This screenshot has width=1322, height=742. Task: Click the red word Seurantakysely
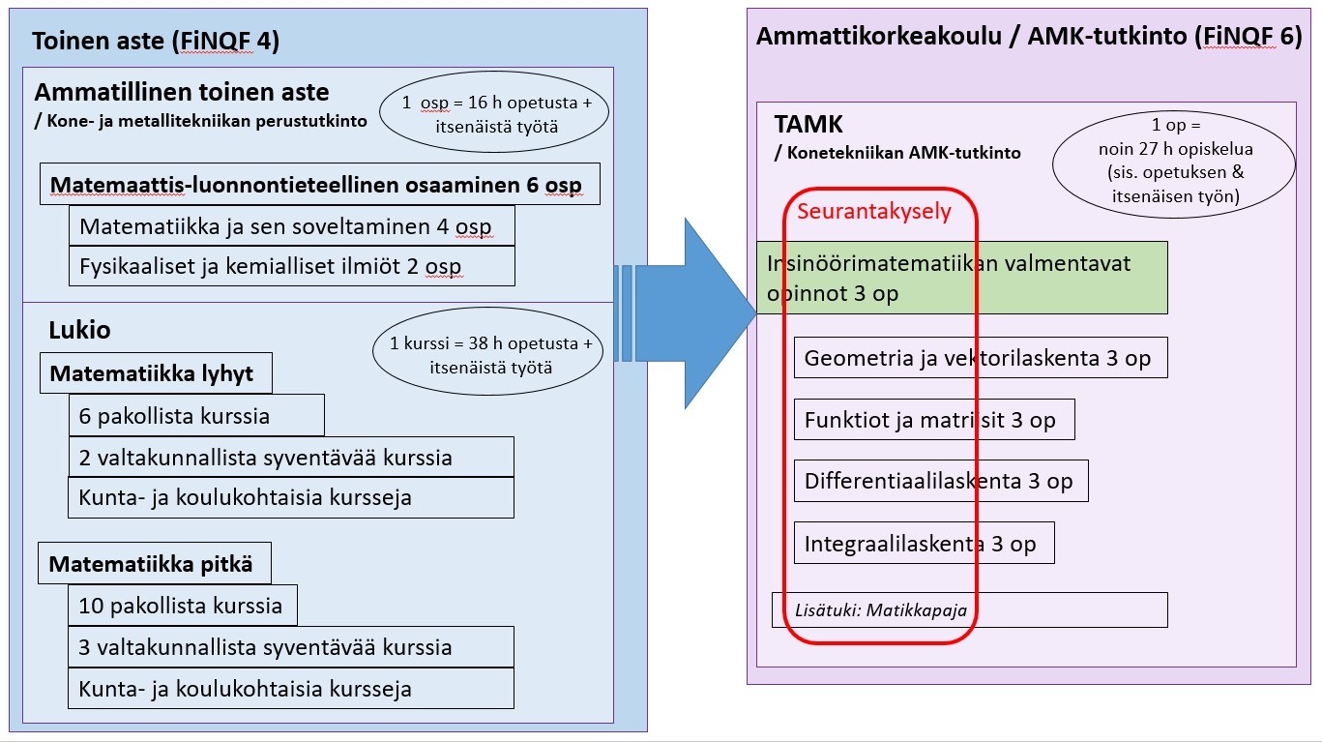click(x=873, y=211)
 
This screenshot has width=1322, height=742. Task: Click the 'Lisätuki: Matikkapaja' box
click(x=969, y=610)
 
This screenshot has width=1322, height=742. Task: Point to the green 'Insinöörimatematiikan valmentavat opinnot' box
click(x=961, y=278)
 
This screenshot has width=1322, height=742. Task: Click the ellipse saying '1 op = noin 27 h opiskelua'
click(x=1174, y=161)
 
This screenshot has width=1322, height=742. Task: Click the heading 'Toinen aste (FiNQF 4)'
click(x=156, y=42)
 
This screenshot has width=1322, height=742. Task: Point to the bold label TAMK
click(x=808, y=125)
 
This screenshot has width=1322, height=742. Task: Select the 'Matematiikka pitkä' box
click(x=155, y=564)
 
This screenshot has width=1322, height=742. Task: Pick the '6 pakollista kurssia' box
click(x=195, y=417)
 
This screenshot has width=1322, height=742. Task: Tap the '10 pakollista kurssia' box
click(x=182, y=607)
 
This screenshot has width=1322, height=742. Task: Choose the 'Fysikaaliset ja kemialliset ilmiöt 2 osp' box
click(x=290, y=266)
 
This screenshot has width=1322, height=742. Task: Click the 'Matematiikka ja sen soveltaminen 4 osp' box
click(x=290, y=227)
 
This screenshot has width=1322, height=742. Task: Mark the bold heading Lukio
click(x=79, y=330)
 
